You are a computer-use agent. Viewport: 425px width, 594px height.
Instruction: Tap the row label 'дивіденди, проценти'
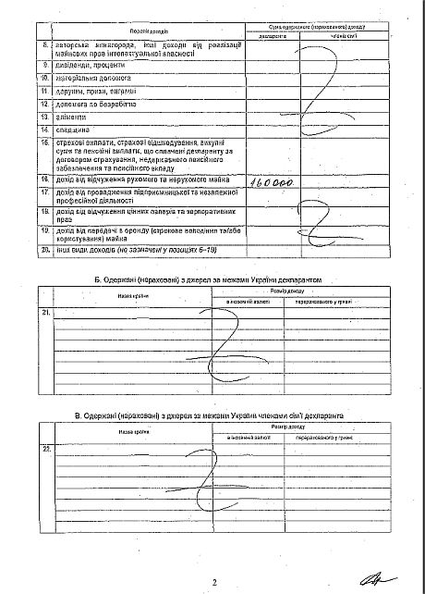pyautogui.click(x=79, y=66)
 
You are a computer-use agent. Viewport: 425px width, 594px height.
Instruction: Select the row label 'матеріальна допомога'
pyautogui.click(x=84, y=79)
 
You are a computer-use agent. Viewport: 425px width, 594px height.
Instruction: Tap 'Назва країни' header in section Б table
pyautogui.click(x=133, y=270)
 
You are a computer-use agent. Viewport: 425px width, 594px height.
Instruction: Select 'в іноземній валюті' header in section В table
pyautogui.click(x=248, y=435)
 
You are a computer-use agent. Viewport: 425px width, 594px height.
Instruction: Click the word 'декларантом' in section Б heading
pyautogui.click(x=315, y=253)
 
